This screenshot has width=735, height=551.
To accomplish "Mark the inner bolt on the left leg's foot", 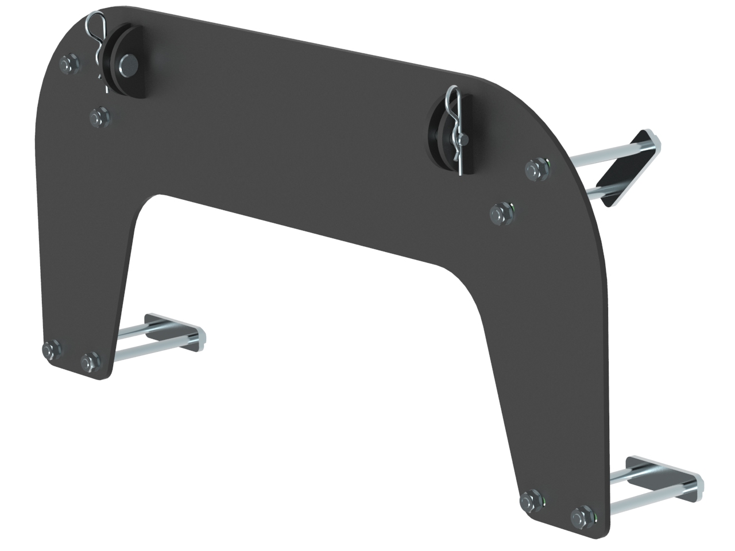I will pos(90,362).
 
